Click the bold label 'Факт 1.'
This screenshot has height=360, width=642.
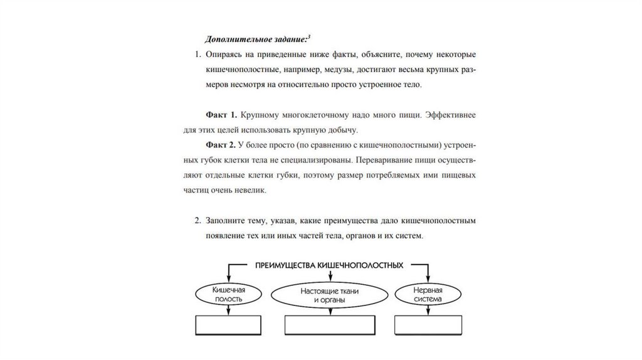(x=221, y=115)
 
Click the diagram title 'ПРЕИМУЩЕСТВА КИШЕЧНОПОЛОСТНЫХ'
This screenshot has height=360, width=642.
(x=329, y=266)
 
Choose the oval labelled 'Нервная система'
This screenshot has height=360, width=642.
(x=428, y=295)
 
